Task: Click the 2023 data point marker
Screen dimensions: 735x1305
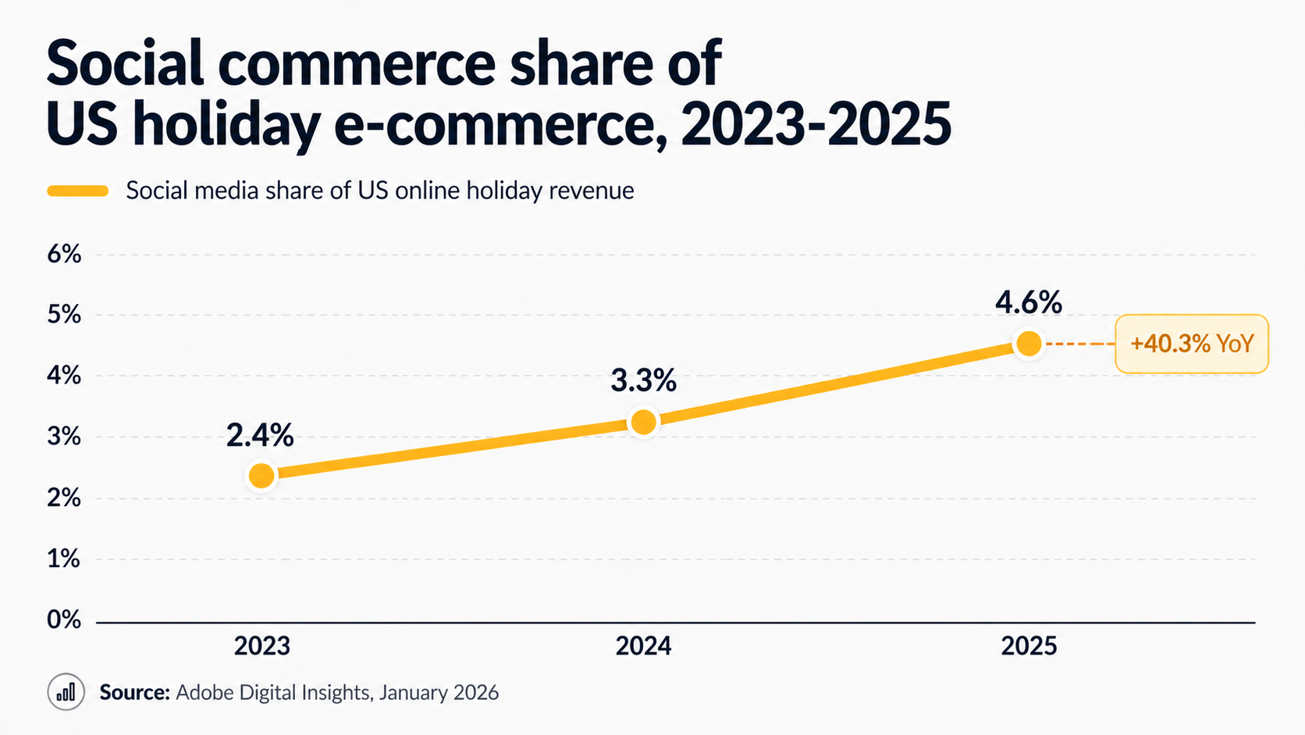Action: [261, 476]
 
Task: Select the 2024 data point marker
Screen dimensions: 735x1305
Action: [643, 423]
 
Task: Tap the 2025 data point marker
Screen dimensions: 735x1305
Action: [1029, 344]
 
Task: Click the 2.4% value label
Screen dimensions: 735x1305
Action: [260, 436]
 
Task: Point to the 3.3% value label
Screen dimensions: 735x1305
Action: [643, 381]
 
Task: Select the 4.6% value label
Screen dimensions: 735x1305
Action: [1028, 303]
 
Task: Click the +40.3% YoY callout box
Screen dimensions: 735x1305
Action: [1191, 344]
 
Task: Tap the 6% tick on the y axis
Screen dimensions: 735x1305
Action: [64, 254]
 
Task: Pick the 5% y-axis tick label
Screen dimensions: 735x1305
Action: [64, 315]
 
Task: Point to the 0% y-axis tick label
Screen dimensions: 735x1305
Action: [64, 620]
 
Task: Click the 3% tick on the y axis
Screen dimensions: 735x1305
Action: [64, 437]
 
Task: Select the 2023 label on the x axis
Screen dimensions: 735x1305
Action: [262, 647]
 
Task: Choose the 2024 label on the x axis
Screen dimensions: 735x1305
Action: [643, 647]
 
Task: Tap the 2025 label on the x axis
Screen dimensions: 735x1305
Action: [1029, 647]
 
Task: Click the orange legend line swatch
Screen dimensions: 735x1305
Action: [78, 191]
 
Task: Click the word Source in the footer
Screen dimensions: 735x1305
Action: [134, 693]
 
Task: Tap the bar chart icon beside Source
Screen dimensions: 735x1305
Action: [66, 692]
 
